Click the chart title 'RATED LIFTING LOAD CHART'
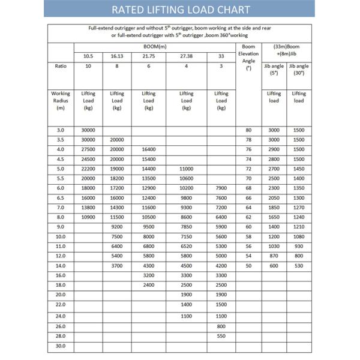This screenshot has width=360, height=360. (181, 10)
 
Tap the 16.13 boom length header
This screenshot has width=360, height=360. (116, 56)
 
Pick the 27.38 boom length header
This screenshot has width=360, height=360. (186, 56)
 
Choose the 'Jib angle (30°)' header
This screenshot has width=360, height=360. (299, 70)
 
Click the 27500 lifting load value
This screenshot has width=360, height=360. (88, 148)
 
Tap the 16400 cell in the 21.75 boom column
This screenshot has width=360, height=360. (148, 148)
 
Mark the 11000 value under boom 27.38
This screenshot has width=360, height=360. (186, 169)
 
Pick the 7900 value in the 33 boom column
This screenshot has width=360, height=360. (221, 188)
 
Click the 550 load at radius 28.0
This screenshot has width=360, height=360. (221, 336)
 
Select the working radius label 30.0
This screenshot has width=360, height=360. (60, 346)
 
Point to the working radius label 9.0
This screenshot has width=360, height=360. (60, 227)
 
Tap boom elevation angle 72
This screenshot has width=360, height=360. (248, 169)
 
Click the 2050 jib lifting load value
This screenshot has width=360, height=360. (274, 197)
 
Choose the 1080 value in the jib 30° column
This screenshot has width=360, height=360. (299, 237)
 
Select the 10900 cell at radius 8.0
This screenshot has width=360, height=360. (88, 217)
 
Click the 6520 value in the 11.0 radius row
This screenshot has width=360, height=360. (186, 247)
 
